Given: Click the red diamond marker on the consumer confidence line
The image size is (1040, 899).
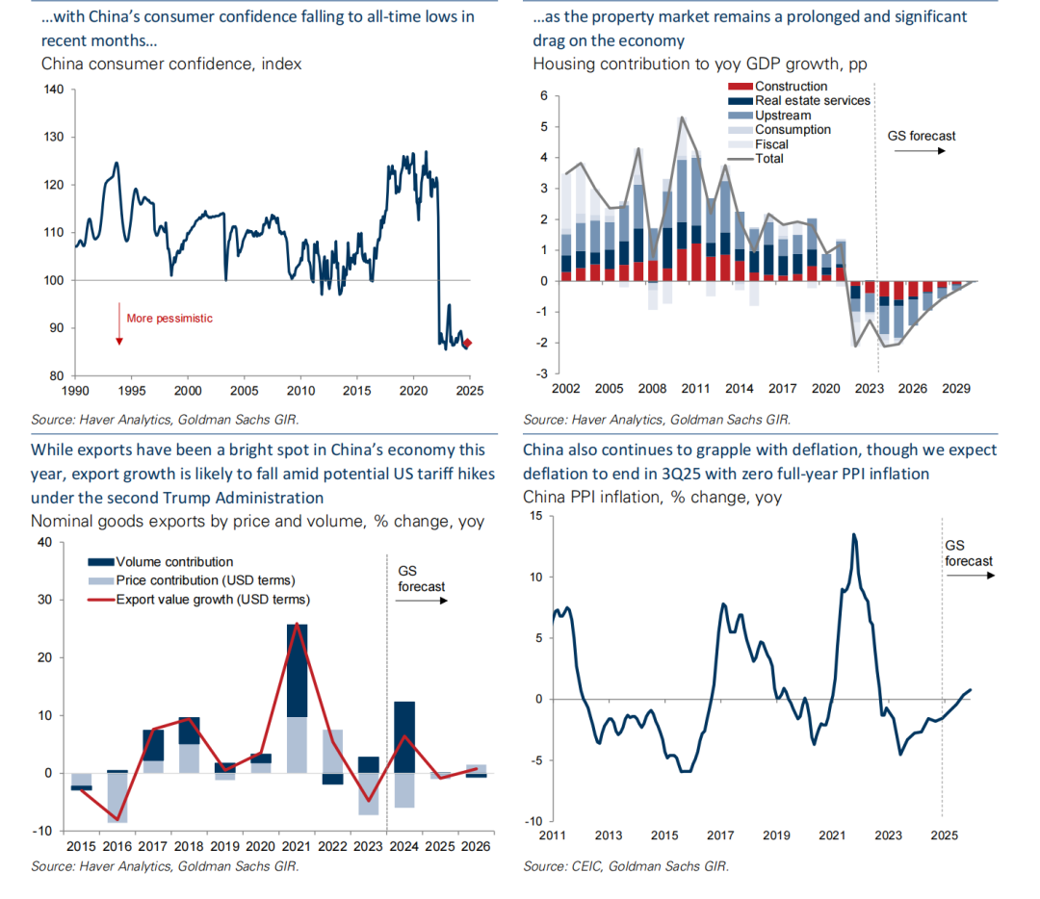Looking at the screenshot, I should coord(468,343).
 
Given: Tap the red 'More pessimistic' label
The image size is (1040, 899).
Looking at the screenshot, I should coord(169,319).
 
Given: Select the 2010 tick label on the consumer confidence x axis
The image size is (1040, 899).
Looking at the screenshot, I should coord(301,391).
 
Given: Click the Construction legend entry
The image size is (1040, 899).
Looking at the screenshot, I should coord(791,87).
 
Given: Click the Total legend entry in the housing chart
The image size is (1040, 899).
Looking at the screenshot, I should coord(769,159).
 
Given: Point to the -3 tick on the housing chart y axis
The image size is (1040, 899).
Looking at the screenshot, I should coord(543,373).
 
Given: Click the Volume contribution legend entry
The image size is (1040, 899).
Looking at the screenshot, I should coord(174,562).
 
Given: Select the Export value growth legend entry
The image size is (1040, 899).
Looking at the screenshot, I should coord(212,599).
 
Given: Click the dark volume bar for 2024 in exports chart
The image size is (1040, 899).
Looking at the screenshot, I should coord(404,737).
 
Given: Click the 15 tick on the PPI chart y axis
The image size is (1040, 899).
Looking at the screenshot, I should coord(535,516).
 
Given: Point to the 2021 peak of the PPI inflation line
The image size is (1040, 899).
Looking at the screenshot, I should coord(853,534).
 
